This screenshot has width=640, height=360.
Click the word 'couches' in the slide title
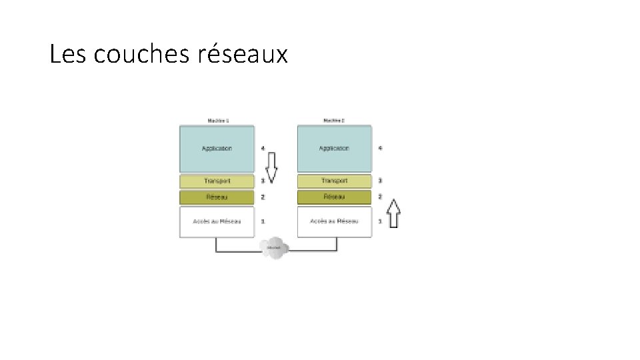coord(141,55)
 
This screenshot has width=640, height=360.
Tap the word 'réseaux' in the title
coord(243,55)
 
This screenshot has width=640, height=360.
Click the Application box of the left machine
coord(217,149)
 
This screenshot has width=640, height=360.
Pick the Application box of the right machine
coord(334,149)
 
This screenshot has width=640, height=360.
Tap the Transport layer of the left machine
coord(217,181)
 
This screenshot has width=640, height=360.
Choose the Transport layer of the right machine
coord(334,181)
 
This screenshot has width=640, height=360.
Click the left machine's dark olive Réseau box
coord(217,197)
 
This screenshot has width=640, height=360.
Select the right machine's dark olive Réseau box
coord(334,197)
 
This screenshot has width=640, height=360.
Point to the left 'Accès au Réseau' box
coord(217,221)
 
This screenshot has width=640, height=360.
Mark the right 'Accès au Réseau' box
coord(334,221)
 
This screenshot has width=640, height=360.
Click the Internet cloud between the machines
coord(274,248)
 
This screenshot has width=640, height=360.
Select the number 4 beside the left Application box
coord(263,148)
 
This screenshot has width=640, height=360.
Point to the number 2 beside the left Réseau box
coord(263,197)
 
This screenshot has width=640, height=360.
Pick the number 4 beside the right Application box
coord(380,148)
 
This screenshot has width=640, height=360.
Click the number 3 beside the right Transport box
coord(380,181)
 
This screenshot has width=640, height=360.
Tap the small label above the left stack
coord(217,121)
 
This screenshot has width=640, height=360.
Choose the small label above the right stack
coord(334,121)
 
